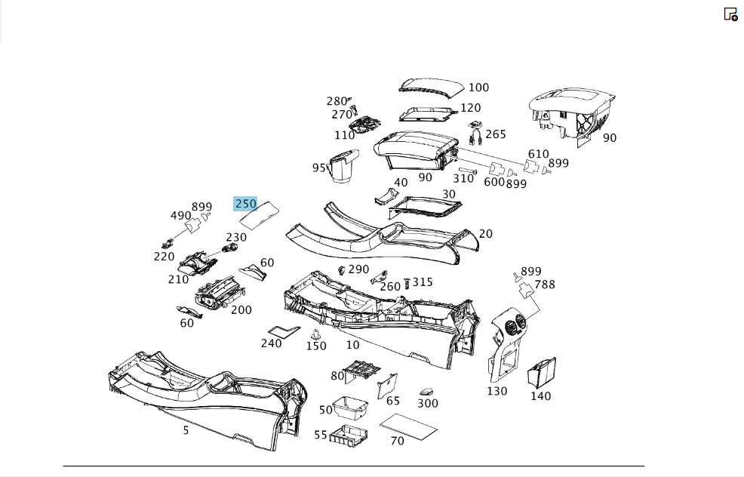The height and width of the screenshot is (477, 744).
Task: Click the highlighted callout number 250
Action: (246, 204)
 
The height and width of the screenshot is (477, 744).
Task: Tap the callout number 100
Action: (478, 88)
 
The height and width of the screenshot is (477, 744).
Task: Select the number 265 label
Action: (495, 134)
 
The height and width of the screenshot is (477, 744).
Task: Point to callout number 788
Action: (544, 285)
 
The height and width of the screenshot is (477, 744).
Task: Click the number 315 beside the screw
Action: (423, 282)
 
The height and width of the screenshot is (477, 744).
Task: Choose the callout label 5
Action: (186, 430)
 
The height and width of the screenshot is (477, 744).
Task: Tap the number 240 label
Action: (272, 343)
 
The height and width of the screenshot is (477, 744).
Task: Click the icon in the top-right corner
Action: (730, 14)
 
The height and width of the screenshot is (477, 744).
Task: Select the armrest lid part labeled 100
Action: (431, 89)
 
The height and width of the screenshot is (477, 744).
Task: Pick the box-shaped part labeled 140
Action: (541, 372)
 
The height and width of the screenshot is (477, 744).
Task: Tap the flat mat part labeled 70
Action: (408, 426)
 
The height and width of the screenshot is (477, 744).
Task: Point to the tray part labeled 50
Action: (350, 408)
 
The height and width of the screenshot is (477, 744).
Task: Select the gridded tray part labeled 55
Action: (349, 435)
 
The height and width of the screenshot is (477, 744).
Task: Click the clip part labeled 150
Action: (314, 334)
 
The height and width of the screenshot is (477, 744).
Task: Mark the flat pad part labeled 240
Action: (284, 331)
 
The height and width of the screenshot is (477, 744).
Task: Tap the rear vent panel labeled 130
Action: (507, 345)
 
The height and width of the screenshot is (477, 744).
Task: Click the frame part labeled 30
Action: (425, 208)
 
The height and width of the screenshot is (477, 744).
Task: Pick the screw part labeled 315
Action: (407, 283)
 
